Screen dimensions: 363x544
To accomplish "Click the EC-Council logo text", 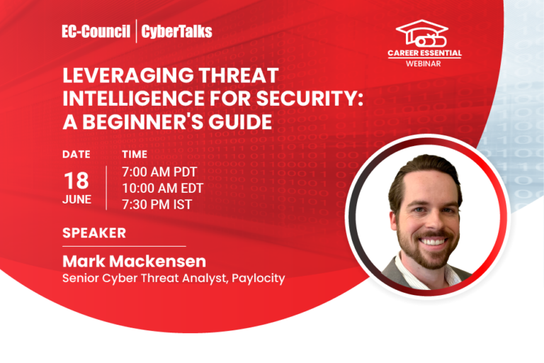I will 96,31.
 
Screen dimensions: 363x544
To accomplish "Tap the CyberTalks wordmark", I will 176,31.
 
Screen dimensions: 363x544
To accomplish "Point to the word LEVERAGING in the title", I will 120,77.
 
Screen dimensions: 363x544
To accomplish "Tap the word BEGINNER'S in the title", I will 156,121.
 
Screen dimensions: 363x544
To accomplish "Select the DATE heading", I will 76,154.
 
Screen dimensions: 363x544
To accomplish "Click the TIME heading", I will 135,154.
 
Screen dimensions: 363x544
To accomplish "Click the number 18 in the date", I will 76,179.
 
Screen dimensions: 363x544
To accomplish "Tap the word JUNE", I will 76,199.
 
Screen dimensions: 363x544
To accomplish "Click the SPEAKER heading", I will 94,233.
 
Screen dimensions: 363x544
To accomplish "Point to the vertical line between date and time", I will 106,187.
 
